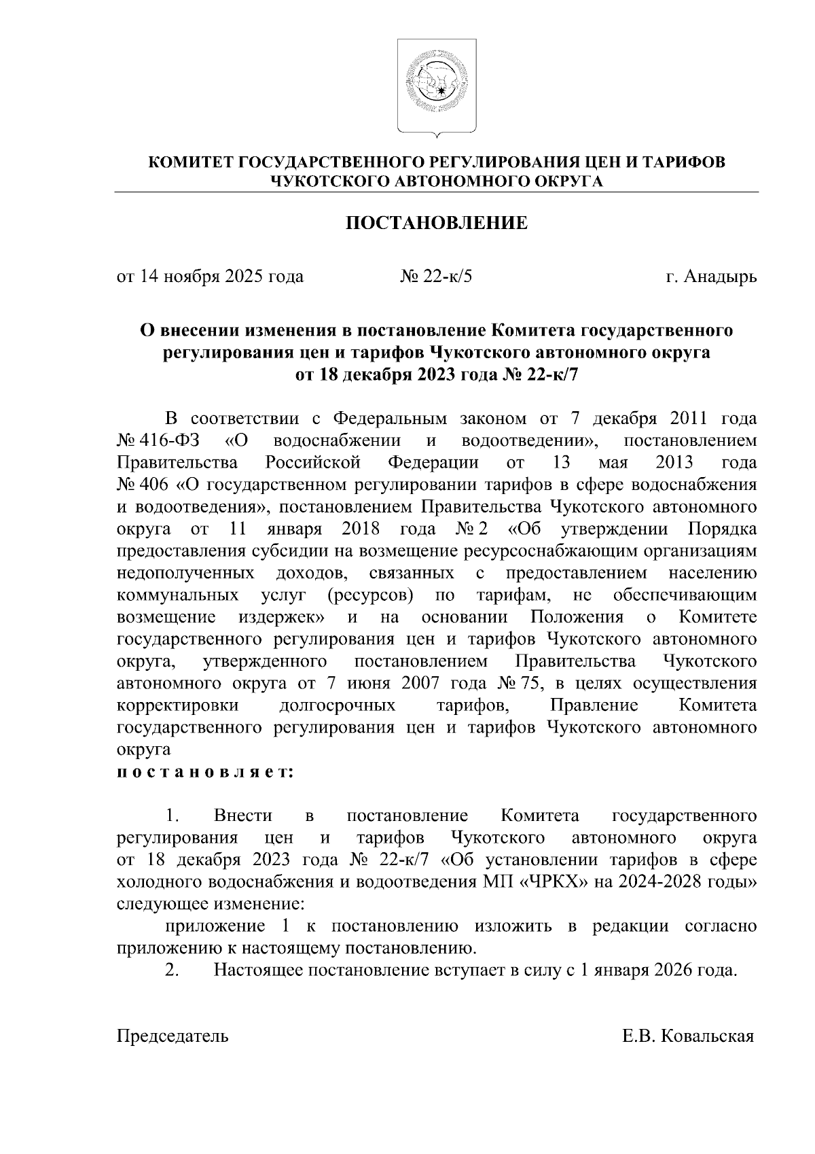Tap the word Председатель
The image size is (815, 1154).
click(x=173, y=1036)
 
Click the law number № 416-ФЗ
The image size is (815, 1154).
click(x=158, y=441)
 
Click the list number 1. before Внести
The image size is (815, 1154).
click(x=173, y=816)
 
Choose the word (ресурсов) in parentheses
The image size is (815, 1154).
click(x=369, y=596)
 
